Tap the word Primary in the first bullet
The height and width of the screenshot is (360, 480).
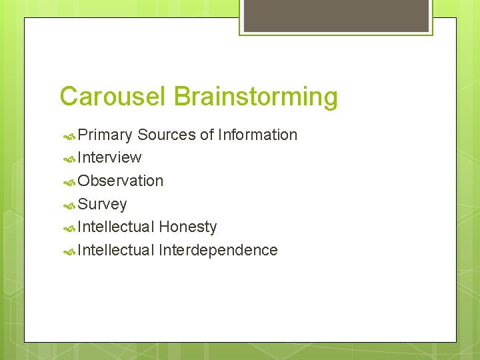pos(105,135)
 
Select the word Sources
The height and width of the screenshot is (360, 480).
pos(166,135)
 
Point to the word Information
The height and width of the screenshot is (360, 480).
pos(257,135)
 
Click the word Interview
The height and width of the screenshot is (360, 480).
pos(109,158)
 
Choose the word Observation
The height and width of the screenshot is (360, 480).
pos(120,181)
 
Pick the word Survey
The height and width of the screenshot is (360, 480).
pos(102,204)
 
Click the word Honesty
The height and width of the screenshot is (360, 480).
pos(187,227)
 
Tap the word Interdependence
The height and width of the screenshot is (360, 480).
pos(218,250)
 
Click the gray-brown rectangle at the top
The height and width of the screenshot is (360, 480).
pos(336,15)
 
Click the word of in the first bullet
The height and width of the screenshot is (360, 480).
pos(207,135)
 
